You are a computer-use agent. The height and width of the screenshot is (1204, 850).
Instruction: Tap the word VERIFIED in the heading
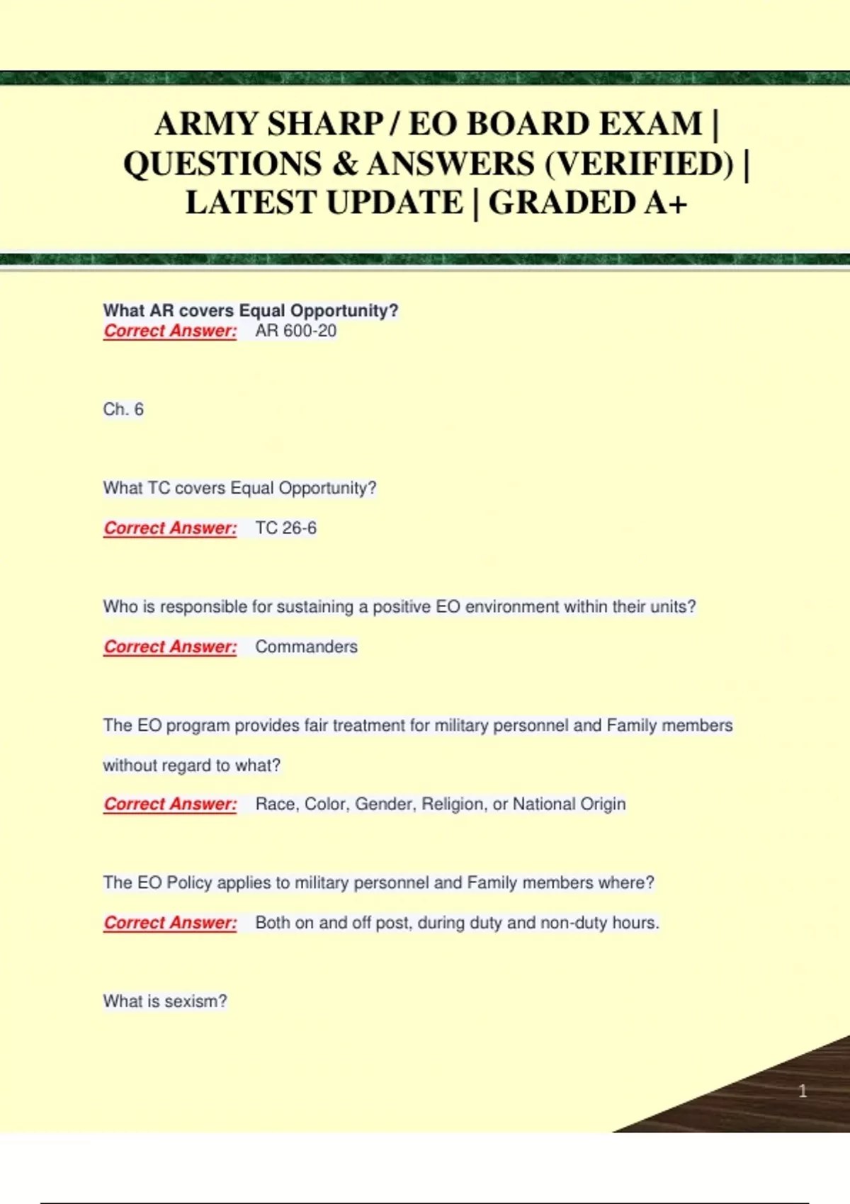pyautogui.click(x=640, y=164)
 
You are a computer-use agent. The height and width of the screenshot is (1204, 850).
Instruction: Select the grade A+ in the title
pyautogui.click(x=666, y=203)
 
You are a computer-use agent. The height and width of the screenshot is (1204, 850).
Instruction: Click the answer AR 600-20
pyautogui.click(x=295, y=331)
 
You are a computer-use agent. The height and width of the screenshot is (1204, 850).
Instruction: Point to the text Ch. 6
pyautogui.click(x=123, y=409)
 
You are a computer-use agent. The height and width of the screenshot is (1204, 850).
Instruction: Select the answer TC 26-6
pyautogui.click(x=285, y=528)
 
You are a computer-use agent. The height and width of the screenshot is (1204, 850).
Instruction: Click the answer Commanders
pyautogui.click(x=306, y=647)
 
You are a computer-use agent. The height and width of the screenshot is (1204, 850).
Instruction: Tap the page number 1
pyautogui.click(x=803, y=1091)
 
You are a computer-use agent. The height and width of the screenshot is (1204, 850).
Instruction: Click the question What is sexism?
pyautogui.click(x=165, y=1001)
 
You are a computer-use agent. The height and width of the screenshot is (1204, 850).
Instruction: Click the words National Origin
pyautogui.click(x=569, y=805)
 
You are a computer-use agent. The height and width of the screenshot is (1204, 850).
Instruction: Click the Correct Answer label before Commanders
pyautogui.click(x=170, y=647)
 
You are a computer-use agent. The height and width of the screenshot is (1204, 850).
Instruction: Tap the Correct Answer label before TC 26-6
pyautogui.click(x=170, y=528)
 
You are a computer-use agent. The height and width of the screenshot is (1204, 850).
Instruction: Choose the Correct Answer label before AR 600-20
pyautogui.click(x=170, y=331)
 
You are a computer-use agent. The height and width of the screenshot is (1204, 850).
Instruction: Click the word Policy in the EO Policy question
pyautogui.click(x=189, y=883)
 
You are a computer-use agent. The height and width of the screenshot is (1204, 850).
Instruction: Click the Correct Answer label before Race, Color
pyautogui.click(x=170, y=805)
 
